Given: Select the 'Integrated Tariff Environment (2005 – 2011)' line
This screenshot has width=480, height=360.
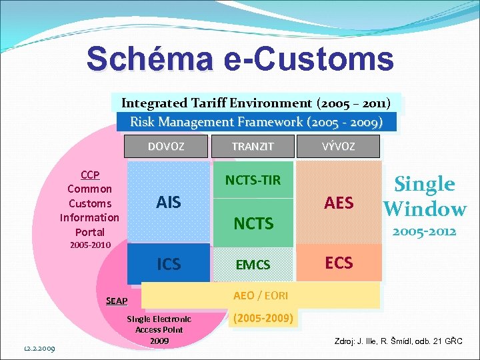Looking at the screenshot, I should pyautogui.click(x=256, y=103).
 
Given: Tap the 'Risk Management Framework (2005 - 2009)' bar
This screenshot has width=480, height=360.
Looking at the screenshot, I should pyautogui.click(x=256, y=122).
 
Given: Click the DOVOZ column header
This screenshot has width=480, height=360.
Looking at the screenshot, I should pyautogui.click(x=166, y=147).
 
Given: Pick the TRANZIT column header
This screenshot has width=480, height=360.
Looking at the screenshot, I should pyautogui.click(x=253, y=147).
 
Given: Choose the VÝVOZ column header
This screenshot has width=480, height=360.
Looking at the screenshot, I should pyautogui.click(x=339, y=147).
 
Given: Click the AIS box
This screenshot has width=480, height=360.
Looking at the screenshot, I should pyautogui.click(x=168, y=202).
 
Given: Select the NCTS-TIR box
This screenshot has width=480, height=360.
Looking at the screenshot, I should pyautogui.click(x=253, y=180).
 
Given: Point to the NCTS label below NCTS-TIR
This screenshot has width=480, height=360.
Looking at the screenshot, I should pyautogui.click(x=253, y=223).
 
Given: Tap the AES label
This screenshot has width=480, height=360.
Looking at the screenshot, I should pyautogui.click(x=339, y=203).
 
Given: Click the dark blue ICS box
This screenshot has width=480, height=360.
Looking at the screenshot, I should pyautogui.click(x=168, y=264).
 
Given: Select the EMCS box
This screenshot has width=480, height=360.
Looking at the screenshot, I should pyautogui.click(x=253, y=265).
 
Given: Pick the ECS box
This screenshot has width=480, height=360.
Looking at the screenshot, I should pyautogui.click(x=339, y=262).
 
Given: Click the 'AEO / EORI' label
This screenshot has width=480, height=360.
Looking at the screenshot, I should pyautogui.click(x=260, y=295).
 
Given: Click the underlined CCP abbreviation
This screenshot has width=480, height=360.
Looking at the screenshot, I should pyautogui.click(x=89, y=175).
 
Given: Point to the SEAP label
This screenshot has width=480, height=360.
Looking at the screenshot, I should pyautogui.click(x=117, y=301).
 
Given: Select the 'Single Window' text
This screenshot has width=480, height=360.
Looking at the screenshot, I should pyautogui.click(x=425, y=197).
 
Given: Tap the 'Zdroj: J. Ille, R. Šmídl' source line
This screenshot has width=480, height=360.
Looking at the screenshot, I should pyautogui.click(x=398, y=342).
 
